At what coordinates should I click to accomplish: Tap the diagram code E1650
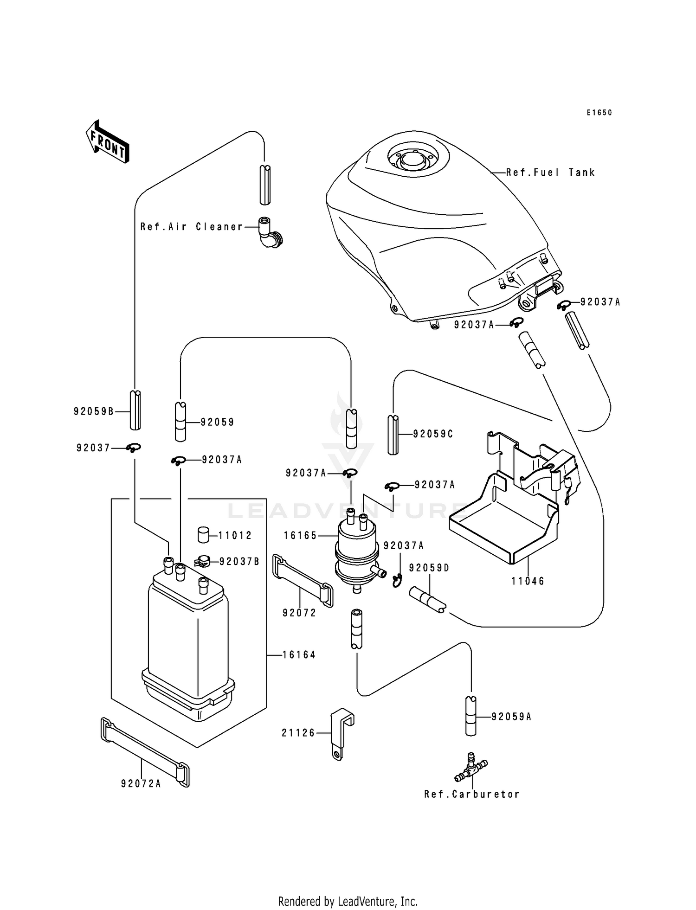click(599, 113)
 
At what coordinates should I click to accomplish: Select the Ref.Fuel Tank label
click(550, 173)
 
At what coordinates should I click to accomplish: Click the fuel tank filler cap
click(411, 159)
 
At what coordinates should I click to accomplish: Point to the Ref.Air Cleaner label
click(192, 227)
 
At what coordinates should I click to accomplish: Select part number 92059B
click(94, 411)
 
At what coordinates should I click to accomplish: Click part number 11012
click(235, 536)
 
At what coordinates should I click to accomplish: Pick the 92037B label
click(239, 562)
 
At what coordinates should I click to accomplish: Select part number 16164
click(299, 655)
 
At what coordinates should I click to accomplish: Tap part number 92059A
click(511, 717)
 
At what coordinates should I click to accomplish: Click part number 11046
click(528, 581)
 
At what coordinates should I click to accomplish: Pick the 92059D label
click(429, 568)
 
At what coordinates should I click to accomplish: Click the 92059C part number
click(433, 434)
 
